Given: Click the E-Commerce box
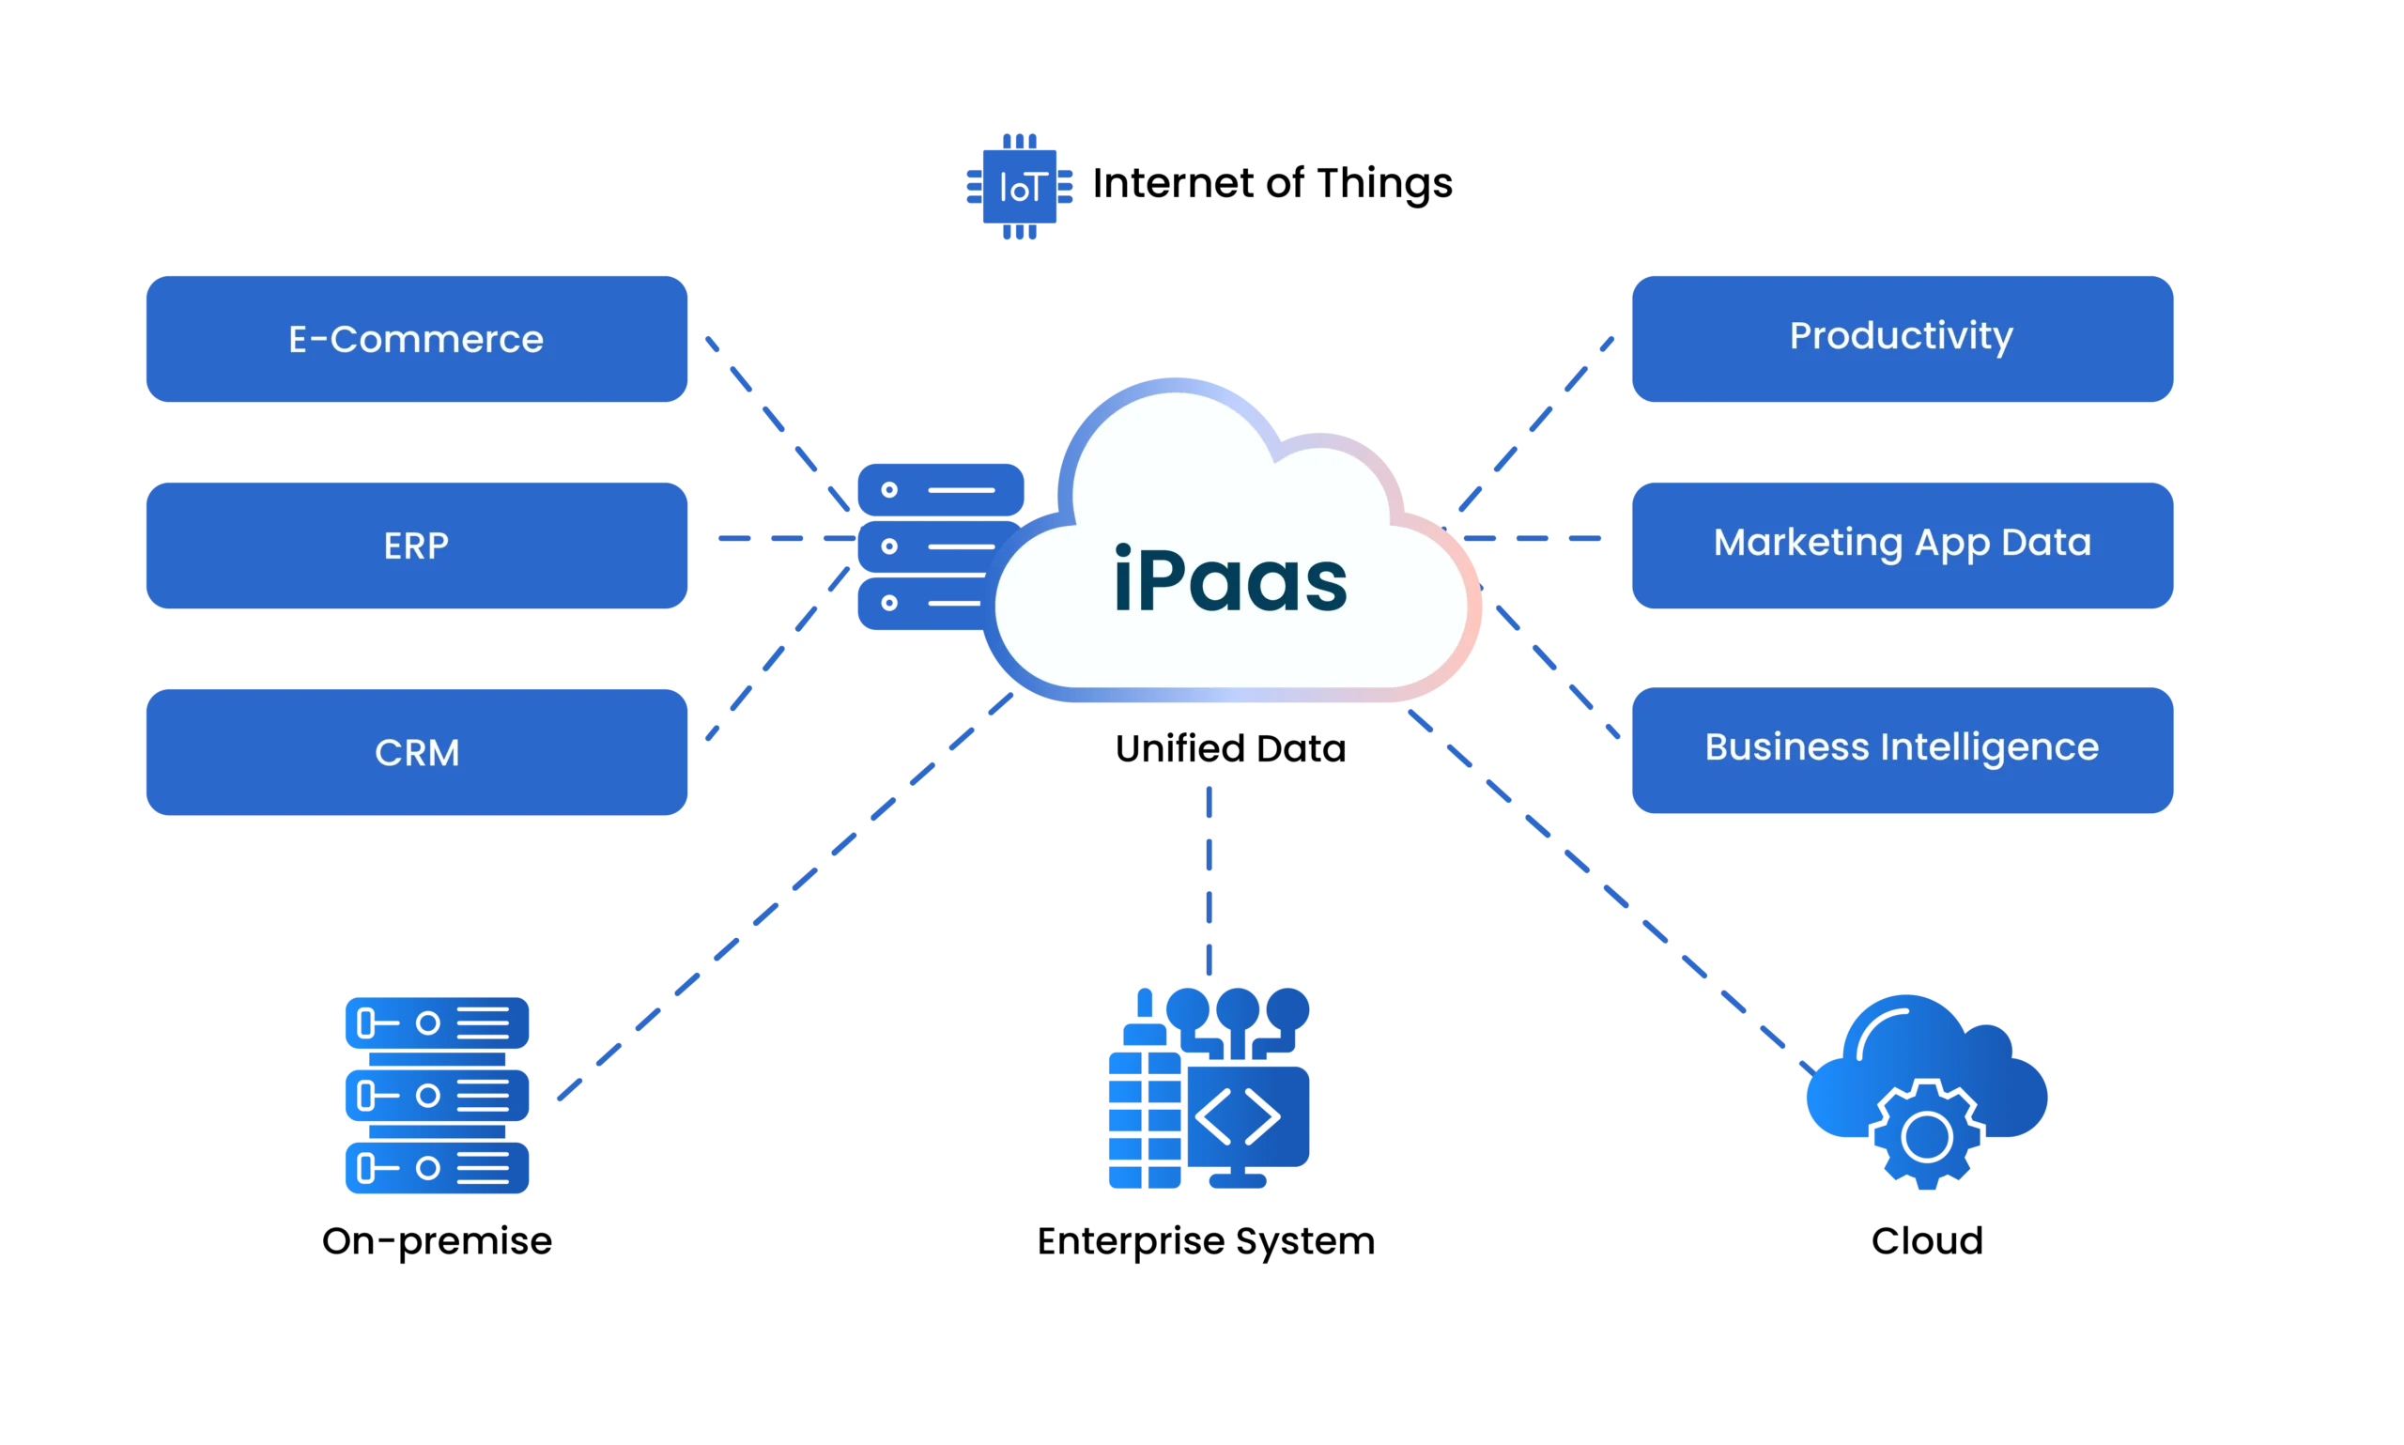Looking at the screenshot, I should [416, 339].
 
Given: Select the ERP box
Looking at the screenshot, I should [416, 546].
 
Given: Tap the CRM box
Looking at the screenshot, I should [416, 752].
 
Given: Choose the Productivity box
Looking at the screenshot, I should [1902, 338].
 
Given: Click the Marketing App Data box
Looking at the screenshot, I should [1902, 546].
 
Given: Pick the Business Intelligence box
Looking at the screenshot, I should [1902, 750].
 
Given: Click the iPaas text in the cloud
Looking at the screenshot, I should [1230, 581].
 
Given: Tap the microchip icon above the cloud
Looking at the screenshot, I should [1018, 184].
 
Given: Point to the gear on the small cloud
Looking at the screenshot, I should [1926, 1135].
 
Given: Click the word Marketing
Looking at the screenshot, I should [1807, 544].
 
